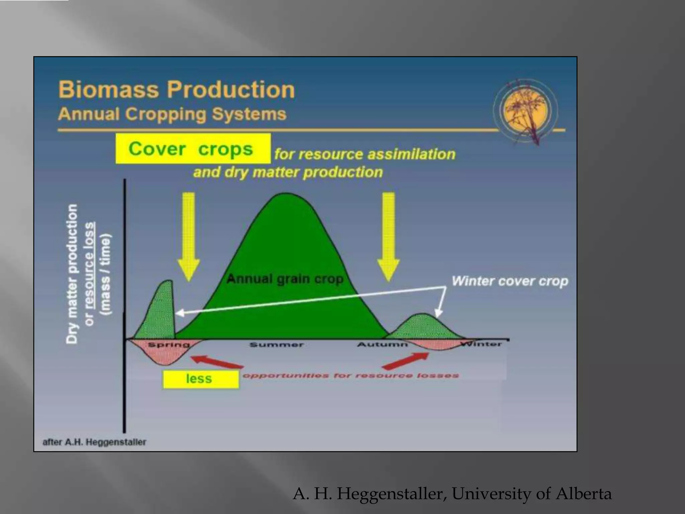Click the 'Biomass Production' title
coord(177,89)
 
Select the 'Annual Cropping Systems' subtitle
coord(172,114)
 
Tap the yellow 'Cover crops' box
coord(193,149)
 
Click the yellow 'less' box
coord(200,379)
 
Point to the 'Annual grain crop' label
coord(285,279)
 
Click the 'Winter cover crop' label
coord(510,281)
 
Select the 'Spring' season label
coord(169,345)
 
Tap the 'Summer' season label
coord(277,345)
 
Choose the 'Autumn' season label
coord(382,344)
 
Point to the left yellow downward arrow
coord(189,236)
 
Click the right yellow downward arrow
coord(388,236)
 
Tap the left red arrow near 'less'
coord(216,363)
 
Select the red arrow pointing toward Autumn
coord(405,361)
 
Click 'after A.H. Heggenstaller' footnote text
coord(94,442)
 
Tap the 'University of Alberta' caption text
coord(532,494)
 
